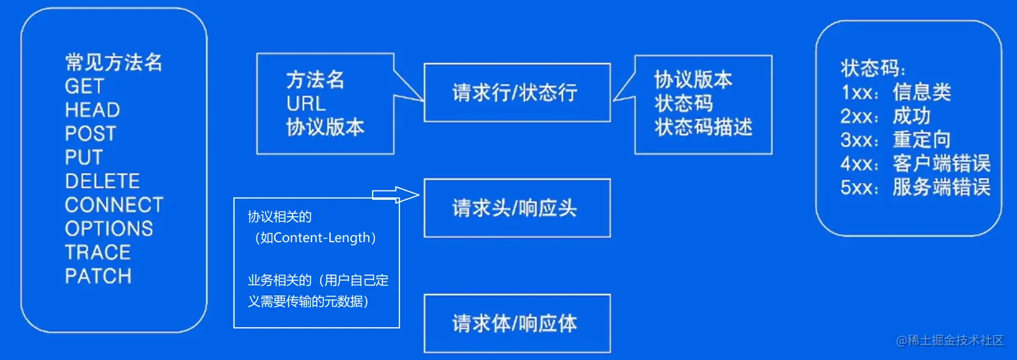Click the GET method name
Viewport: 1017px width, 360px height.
coord(85,87)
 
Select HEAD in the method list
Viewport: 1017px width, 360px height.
coord(92,110)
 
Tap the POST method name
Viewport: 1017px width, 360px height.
coord(91,134)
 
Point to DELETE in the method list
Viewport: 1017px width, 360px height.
coord(102,182)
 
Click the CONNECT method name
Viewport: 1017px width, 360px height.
coord(114,205)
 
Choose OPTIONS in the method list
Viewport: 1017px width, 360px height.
coord(109,229)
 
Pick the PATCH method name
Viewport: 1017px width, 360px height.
coord(98,277)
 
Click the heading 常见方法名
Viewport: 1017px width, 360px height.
coord(114,63)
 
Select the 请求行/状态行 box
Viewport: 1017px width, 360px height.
coord(517,93)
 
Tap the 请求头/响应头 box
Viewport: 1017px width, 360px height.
coord(517,208)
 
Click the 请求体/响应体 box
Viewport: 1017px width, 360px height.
coord(517,324)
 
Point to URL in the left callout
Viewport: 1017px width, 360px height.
coord(306,104)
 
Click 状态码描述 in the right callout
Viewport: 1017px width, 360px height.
coord(704,127)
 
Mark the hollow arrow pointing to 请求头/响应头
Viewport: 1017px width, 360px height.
coord(396,194)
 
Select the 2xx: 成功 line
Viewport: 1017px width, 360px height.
coord(885,116)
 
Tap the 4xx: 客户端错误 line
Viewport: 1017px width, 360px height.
coord(915,164)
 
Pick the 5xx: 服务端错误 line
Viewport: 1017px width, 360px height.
coord(915,187)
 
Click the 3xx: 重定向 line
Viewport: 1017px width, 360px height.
coord(895,139)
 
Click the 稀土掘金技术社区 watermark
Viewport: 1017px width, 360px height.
coord(955,341)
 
